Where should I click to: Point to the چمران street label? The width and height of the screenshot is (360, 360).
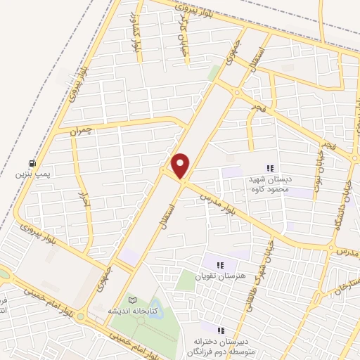80,131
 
